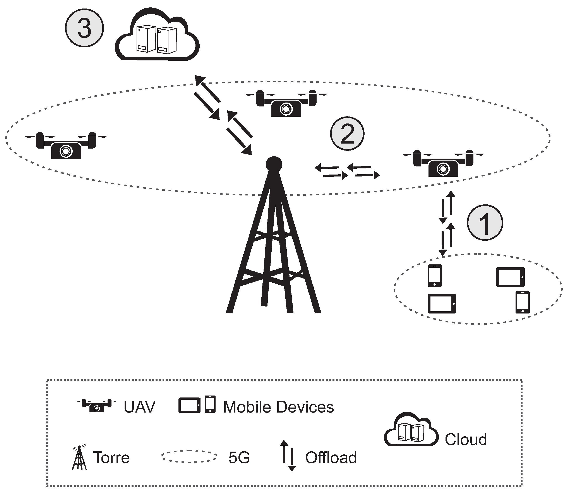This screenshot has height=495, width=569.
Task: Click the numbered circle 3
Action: [x=84, y=28]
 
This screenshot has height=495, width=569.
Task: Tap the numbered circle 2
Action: [x=347, y=134]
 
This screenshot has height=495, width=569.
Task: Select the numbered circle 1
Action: [x=485, y=223]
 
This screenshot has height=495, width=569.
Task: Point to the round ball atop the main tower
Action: [x=274, y=164]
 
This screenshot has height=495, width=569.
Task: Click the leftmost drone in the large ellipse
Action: [x=66, y=146]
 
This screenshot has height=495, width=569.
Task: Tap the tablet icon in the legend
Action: [x=189, y=405]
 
